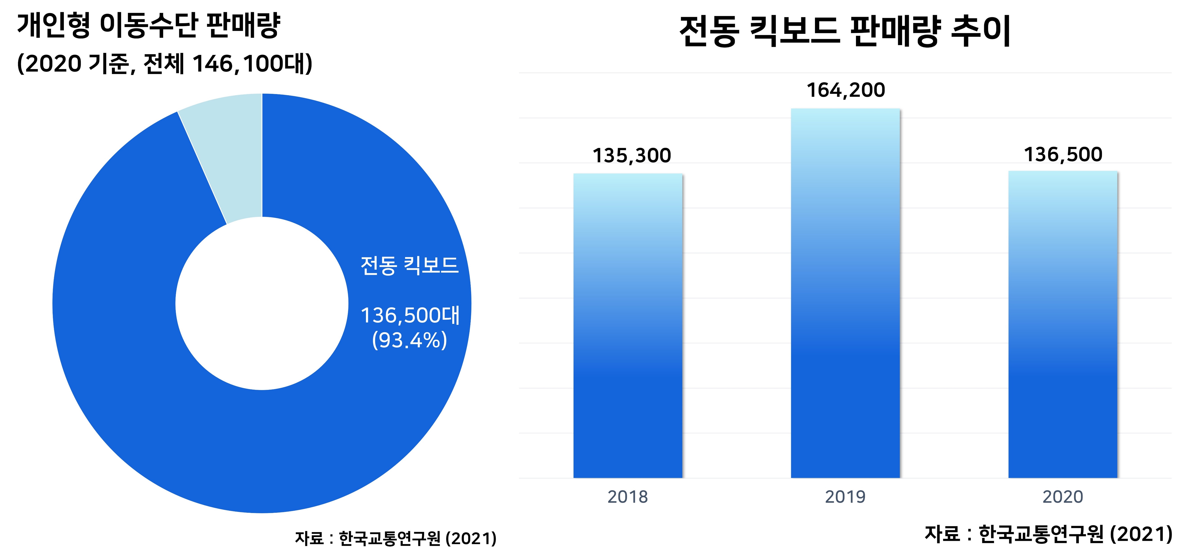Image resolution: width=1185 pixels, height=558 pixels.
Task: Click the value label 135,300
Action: [632, 156]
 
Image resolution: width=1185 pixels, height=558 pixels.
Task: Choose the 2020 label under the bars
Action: [1063, 497]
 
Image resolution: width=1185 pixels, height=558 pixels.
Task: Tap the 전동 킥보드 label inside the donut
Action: [409, 266]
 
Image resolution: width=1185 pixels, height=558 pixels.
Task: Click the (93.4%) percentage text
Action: [409, 341]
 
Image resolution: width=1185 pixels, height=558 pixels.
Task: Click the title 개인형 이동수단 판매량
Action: [148, 25]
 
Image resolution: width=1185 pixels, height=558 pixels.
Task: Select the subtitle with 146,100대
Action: [164, 63]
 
